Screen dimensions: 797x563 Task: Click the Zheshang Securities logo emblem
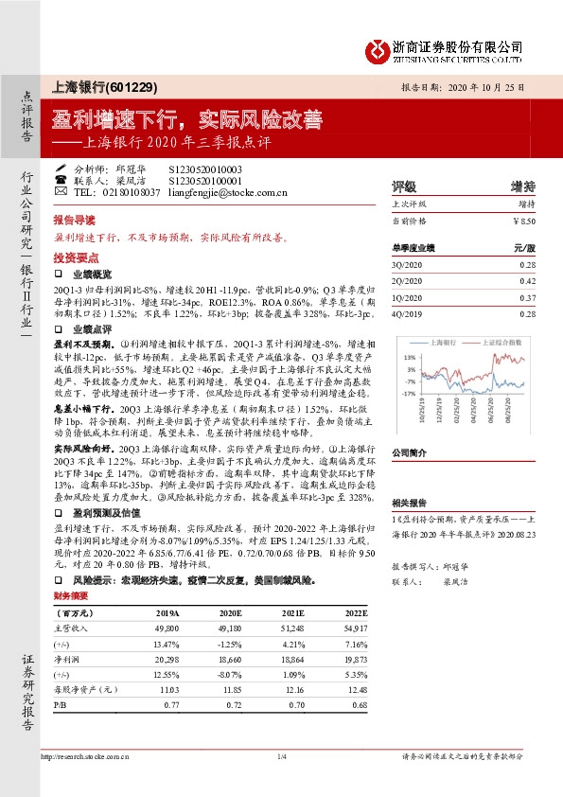point(381,48)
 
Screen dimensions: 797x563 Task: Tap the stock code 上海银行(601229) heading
point(107,86)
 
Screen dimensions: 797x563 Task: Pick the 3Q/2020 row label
point(405,267)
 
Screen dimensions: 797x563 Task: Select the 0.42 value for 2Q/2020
point(527,281)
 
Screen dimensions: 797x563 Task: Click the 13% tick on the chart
point(411,357)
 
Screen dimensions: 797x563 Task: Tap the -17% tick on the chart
point(409,392)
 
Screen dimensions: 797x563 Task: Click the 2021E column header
point(292,612)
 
